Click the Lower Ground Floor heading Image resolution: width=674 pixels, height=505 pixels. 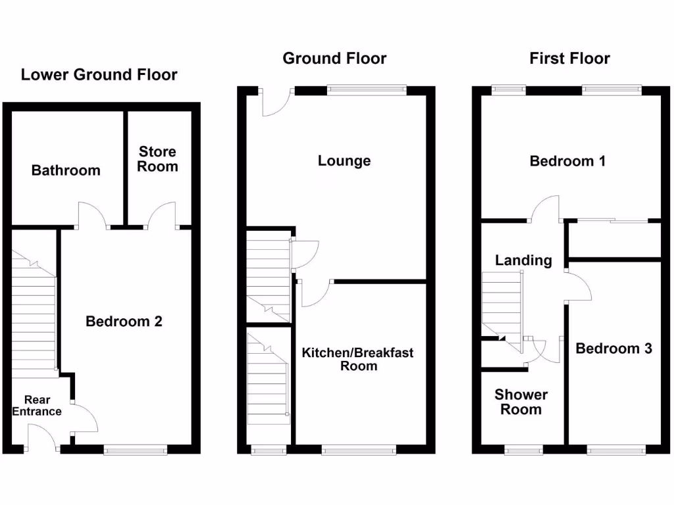(x=99, y=74)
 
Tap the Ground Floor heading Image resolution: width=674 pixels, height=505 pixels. (x=334, y=59)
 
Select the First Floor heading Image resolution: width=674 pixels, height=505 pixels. (x=569, y=59)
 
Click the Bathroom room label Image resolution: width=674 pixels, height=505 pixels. (x=66, y=170)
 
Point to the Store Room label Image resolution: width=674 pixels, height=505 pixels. (x=157, y=159)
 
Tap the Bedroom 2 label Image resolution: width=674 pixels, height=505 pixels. (x=124, y=322)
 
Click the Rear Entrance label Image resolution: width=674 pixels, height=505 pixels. (x=37, y=406)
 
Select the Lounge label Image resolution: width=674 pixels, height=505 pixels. (x=344, y=160)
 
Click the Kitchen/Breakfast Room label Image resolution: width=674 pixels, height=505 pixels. (x=358, y=359)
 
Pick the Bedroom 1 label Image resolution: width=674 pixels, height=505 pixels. (x=567, y=160)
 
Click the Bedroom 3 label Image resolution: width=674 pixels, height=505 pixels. (x=613, y=349)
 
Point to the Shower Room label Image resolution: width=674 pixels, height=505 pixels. (x=521, y=402)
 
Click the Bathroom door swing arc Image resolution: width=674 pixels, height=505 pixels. (x=91, y=213)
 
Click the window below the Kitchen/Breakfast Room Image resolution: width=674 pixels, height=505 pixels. (x=359, y=450)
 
